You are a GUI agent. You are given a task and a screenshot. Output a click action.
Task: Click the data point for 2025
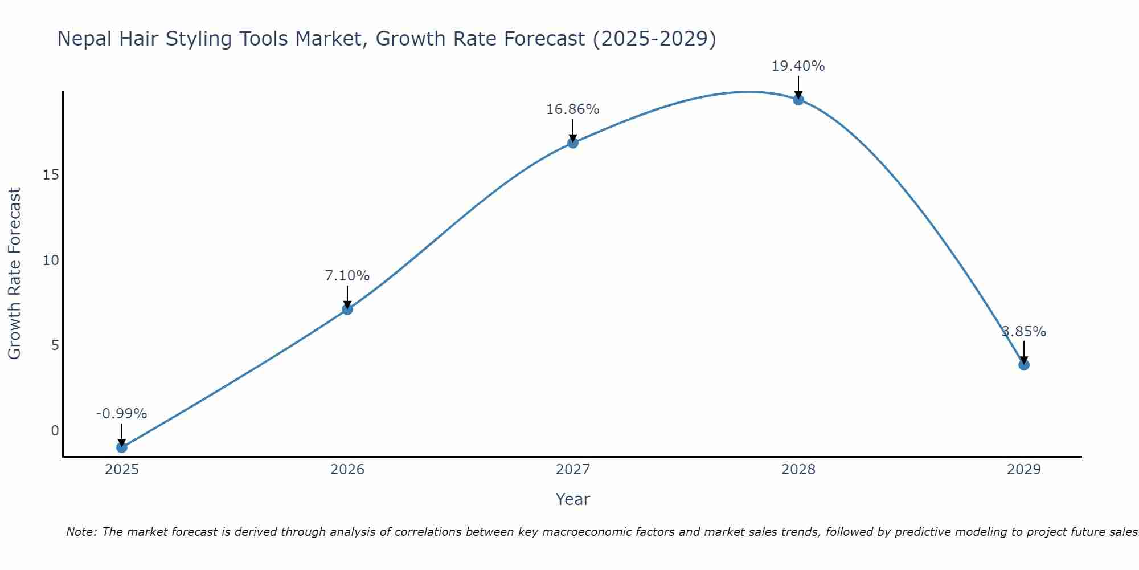[121, 447]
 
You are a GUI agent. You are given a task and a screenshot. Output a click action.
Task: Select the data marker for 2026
[347, 309]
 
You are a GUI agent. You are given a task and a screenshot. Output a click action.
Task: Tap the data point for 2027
[573, 142]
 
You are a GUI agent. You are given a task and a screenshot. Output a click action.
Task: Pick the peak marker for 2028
[798, 99]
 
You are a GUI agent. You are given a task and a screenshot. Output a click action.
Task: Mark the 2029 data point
[1024, 365]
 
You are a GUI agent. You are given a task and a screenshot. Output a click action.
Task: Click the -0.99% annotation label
[121, 414]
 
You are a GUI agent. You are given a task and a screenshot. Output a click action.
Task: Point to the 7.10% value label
[347, 276]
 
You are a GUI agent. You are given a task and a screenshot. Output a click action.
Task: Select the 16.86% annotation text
[573, 109]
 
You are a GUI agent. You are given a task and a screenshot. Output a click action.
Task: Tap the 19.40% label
[798, 66]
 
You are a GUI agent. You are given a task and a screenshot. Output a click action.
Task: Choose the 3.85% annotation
[1024, 332]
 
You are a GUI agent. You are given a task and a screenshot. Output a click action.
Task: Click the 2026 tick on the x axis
[347, 470]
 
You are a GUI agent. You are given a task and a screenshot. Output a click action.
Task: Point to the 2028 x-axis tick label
[798, 470]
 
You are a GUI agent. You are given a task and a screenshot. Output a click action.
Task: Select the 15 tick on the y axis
[51, 175]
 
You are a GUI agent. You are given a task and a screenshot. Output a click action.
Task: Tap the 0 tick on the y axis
[55, 431]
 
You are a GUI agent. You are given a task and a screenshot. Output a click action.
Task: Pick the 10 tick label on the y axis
[51, 260]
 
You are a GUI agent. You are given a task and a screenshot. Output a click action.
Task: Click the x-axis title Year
[573, 499]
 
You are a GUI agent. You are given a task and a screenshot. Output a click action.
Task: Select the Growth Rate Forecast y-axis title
[14, 274]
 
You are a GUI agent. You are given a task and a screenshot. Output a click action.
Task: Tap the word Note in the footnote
[81, 532]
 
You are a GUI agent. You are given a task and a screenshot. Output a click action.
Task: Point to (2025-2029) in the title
[654, 39]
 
